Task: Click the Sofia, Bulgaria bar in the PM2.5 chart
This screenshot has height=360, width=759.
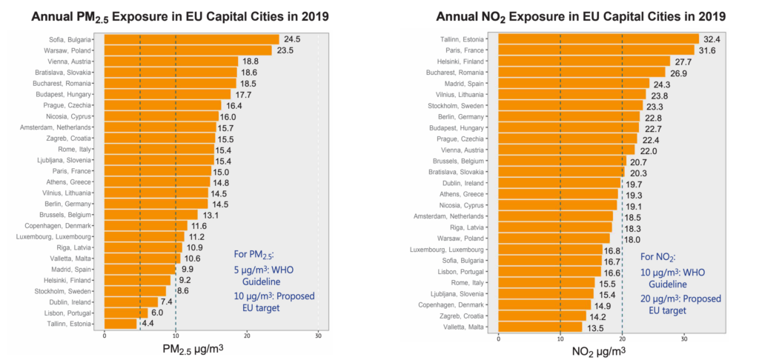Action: (191, 39)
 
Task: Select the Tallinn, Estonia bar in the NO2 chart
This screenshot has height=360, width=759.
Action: (598, 39)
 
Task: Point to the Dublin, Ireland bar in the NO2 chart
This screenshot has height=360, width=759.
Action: (559, 182)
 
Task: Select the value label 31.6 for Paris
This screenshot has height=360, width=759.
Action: (708, 50)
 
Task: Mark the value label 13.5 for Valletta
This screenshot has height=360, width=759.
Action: (597, 326)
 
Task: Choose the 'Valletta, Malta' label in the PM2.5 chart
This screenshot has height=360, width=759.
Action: (72, 259)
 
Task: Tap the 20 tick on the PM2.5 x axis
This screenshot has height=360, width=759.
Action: (247, 336)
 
